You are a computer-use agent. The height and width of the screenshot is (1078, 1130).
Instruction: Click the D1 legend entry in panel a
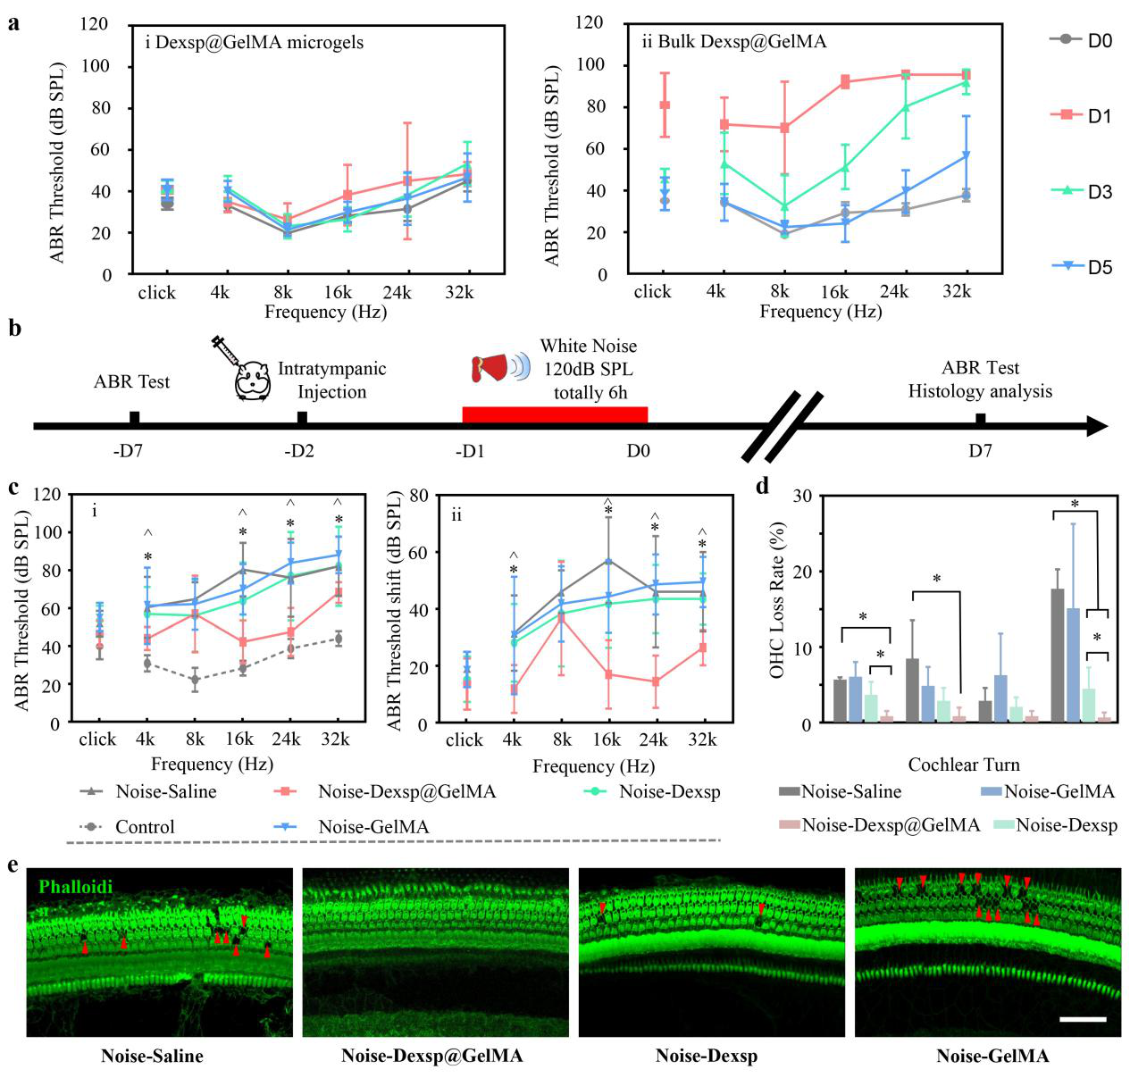(1084, 115)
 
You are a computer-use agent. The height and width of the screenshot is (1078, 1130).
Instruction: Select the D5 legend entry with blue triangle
(1084, 266)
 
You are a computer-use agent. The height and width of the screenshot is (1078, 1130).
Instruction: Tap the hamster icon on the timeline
(253, 380)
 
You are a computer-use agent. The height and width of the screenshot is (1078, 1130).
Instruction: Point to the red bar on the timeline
(554, 414)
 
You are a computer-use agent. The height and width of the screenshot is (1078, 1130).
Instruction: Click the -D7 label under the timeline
(129, 450)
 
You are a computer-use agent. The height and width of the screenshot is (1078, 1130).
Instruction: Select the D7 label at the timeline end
(980, 450)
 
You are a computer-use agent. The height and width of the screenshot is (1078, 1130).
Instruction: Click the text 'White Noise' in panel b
(589, 347)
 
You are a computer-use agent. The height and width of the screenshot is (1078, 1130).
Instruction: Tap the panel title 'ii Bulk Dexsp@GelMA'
(733, 41)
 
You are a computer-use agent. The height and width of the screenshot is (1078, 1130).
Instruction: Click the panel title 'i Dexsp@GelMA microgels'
(255, 42)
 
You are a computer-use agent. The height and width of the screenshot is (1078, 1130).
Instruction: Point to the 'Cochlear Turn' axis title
(964, 765)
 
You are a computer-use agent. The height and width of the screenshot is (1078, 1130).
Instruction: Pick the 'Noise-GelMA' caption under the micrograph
(992, 1056)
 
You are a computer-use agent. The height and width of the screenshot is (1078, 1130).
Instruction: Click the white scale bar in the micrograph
(1084, 1018)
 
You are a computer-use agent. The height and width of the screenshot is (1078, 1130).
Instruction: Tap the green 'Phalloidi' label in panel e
(76, 887)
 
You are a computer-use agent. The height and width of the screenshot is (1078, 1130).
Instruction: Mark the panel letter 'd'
(762, 487)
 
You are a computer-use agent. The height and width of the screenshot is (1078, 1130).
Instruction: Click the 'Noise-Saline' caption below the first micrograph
(152, 1056)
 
